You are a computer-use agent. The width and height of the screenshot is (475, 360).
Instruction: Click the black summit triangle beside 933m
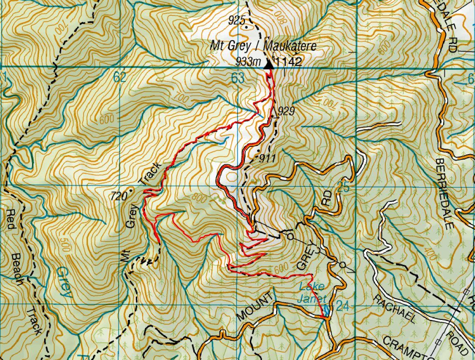click(x=269, y=64)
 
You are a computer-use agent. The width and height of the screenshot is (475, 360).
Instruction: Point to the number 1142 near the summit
click(x=290, y=62)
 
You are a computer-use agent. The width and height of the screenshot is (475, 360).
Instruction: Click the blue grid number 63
click(x=238, y=78)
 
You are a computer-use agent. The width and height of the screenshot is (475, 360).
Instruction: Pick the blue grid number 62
click(x=120, y=77)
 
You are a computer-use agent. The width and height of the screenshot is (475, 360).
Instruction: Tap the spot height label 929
click(x=286, y=110)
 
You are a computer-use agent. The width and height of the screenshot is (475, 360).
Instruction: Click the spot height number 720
click(x=118, y=196)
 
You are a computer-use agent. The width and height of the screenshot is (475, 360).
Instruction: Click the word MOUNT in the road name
click(x=256, y=306)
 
